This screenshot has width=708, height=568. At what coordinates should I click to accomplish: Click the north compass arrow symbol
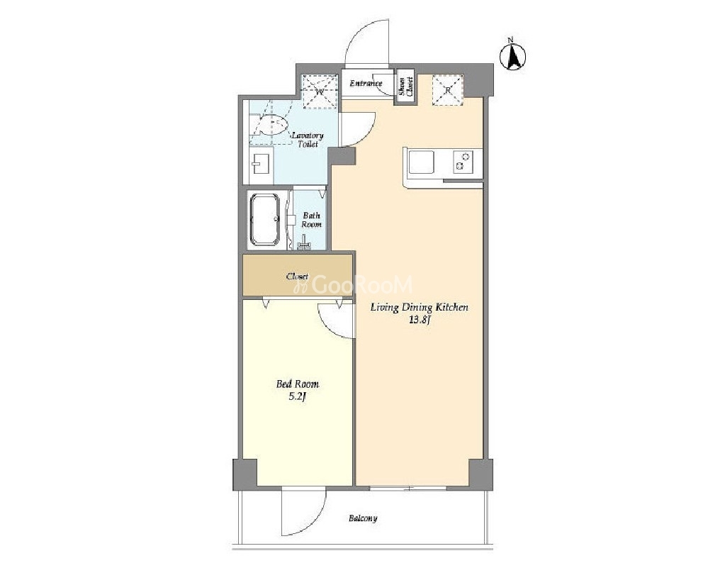513,57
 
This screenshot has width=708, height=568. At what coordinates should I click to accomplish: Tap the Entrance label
366,83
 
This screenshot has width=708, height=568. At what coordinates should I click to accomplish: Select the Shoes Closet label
406,86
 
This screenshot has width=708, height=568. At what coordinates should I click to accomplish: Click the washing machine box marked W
320,91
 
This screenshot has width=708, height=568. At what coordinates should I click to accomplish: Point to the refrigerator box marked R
448,90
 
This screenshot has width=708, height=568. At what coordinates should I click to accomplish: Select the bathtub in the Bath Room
265,220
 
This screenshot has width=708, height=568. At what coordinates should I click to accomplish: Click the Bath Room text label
312,220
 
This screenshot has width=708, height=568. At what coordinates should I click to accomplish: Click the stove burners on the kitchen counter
463,161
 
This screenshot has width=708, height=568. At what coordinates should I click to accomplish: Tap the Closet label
298,276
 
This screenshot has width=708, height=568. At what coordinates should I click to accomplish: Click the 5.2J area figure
298,397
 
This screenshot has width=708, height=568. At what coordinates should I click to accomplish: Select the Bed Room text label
298,384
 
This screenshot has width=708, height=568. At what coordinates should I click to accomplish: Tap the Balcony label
363,518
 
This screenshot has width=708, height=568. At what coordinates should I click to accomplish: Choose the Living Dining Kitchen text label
420,308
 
